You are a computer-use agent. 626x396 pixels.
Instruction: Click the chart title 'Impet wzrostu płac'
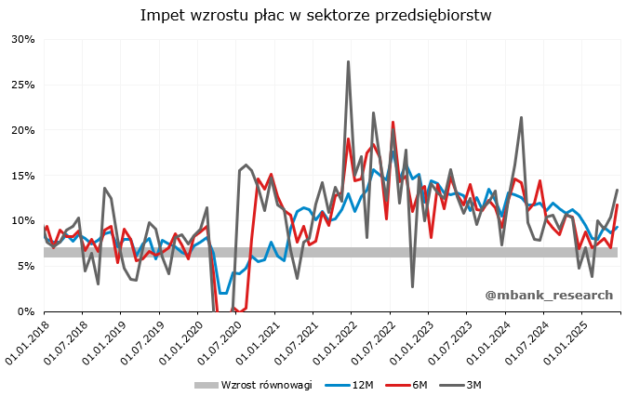pyautogui.click(x=315, y=15)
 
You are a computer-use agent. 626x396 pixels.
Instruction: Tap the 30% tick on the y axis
pyautogui.click(x=22, y=39)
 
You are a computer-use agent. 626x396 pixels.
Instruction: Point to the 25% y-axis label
pyautogui.click(x=22, y=85)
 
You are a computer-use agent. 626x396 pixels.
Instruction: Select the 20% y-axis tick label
pyautogui.click(x=22, y=130)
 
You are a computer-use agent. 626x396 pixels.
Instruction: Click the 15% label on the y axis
pyautogui.click(x=22, y=176)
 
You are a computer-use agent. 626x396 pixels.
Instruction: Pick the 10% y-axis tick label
pyautogui.click(x=22, y=221)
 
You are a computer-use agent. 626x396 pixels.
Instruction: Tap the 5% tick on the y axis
pyautogui.click(x=25, y=266)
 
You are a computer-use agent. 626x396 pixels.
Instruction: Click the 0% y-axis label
pyautogui.click(x=25, y=311)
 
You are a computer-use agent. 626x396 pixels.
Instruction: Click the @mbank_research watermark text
pyautogui.click(x=549, y=295)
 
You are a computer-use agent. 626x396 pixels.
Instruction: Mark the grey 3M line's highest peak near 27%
pyautogui.click(x=348, y=62)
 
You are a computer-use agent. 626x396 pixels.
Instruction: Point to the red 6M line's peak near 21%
pyautogui.click(x=393, y=122)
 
